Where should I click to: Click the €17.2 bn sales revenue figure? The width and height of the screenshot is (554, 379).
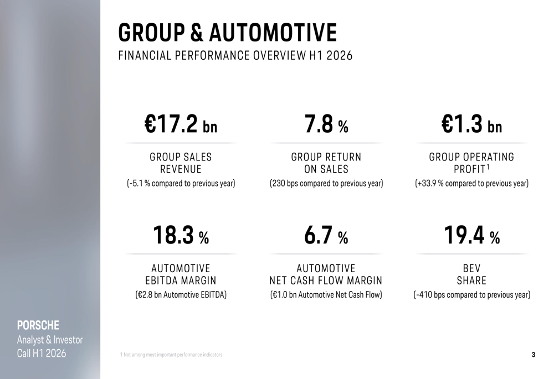click(x=181, y=124)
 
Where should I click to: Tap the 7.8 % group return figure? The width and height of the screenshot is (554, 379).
click(x=326, y=124)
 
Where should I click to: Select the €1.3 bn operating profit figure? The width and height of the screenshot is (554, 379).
click(x=471, y=124)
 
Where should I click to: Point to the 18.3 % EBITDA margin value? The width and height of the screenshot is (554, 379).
click(x=181, y=235)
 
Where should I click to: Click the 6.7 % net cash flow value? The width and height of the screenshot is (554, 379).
click(x=326, y=235)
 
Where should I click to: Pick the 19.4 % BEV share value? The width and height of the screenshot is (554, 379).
click(x=471, y=235)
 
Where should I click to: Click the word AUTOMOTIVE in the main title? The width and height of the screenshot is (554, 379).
click(x=273, y=33)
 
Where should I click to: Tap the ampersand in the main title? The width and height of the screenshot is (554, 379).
click(x=197, y=33)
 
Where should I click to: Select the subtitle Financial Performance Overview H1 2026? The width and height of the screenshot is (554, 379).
click(x=235, y=56)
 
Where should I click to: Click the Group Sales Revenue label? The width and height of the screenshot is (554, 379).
click(x=181, y=163)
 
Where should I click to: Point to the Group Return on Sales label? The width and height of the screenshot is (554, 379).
click(x=326, y=163)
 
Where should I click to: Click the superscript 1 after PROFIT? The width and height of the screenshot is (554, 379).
click(x=488, y=167)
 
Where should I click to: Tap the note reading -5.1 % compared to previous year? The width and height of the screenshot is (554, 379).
click(x=181, y=184)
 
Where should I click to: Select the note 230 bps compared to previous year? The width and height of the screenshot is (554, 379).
click(x=326, y=184)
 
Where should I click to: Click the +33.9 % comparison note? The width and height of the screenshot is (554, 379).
click(x=471, y=184)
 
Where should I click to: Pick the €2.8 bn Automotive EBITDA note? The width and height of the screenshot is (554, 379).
click(x=181, y=295)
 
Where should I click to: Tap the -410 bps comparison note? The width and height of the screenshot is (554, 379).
click(x=471, y=295)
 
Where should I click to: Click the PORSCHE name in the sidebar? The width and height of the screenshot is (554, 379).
click(x=38, y=325)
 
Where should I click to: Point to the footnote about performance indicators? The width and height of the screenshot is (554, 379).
click(x=171, y=355)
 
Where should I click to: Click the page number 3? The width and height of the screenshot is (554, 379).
click(x=534, y=355)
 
